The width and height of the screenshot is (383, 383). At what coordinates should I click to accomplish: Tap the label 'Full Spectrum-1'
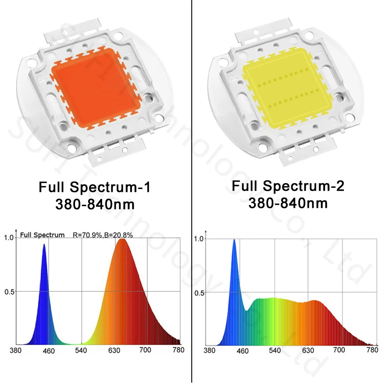(x=95, y=187)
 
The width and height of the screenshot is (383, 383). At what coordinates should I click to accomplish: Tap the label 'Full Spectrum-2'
(x=288, y=186)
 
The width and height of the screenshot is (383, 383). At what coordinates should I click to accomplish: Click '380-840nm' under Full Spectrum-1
(x=95, y=204)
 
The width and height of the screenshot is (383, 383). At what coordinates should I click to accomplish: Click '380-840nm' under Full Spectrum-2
(x=288, y=203)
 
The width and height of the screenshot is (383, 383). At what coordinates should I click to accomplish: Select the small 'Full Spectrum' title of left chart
(x=42, y=235)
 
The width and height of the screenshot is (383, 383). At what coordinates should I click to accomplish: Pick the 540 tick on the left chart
(x=81, y=351)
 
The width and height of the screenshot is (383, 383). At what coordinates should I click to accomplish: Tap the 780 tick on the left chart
(x=178, y=350)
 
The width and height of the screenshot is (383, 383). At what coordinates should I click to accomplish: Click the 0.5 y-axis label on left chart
(x=9, y=292)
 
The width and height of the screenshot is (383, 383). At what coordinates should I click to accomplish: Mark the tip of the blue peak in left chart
(x=44, y=245)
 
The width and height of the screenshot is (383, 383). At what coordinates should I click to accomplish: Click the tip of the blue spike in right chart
(x=234, y=240)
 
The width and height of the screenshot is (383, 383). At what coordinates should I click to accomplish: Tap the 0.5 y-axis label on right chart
(x=199, y=293)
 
